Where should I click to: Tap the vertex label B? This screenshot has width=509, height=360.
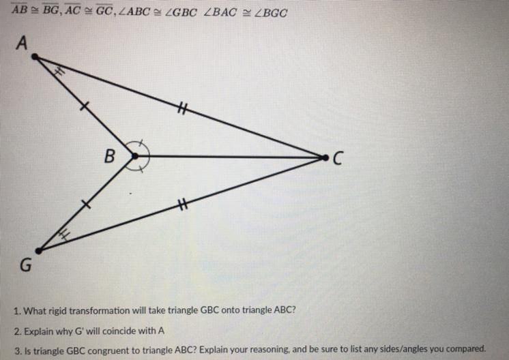click(108, 156)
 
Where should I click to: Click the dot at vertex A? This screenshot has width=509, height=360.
click(35, 57)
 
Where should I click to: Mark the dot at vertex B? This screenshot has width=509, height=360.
click(135, 156)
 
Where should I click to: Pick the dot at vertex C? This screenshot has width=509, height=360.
click(325, 157)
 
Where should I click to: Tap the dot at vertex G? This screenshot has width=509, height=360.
click(38, 250)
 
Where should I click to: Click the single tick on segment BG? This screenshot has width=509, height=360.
click(85, 203)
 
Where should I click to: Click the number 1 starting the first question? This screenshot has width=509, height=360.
click(16, 311)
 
